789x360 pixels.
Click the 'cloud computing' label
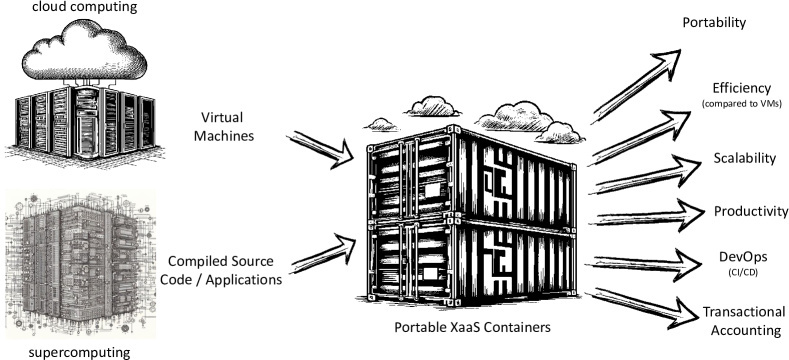tap(76, 8)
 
